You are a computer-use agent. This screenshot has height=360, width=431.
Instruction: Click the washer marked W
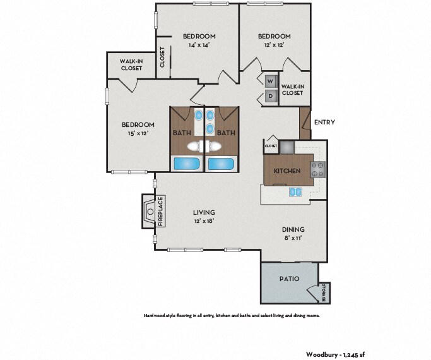point(271,81)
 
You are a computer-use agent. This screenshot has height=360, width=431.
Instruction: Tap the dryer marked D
point(271,96)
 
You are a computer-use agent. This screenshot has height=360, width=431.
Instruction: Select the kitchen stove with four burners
point(318,169)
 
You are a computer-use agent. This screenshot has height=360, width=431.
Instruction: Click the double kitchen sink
point(295,192)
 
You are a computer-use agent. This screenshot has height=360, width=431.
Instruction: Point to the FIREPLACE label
point(161,211)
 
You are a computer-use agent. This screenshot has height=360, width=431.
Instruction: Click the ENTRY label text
point(324,122)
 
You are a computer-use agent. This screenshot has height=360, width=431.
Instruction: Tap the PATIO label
point(289,279)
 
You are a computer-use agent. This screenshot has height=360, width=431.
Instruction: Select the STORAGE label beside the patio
point(324,292)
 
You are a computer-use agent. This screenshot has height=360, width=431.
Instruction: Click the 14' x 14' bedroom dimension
point(199,45)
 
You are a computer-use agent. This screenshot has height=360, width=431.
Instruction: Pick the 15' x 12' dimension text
point(138,133)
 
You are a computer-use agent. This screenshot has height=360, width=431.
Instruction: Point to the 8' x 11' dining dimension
point(293,238)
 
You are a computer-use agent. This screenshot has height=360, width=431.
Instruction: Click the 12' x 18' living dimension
point(204,220)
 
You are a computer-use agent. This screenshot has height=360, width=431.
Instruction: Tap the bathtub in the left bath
point(187,164)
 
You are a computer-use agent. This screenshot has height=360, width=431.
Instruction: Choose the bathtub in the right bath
point(221,164)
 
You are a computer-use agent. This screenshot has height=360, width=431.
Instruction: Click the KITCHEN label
point(287,171)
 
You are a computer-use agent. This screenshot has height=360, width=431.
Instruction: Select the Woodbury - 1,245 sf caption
point(335,354)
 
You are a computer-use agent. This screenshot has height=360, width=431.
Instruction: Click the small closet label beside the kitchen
point(271,146)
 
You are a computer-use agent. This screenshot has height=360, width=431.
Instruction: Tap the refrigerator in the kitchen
point(287,147)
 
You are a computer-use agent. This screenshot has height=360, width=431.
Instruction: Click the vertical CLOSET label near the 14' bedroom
point(162,57)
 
